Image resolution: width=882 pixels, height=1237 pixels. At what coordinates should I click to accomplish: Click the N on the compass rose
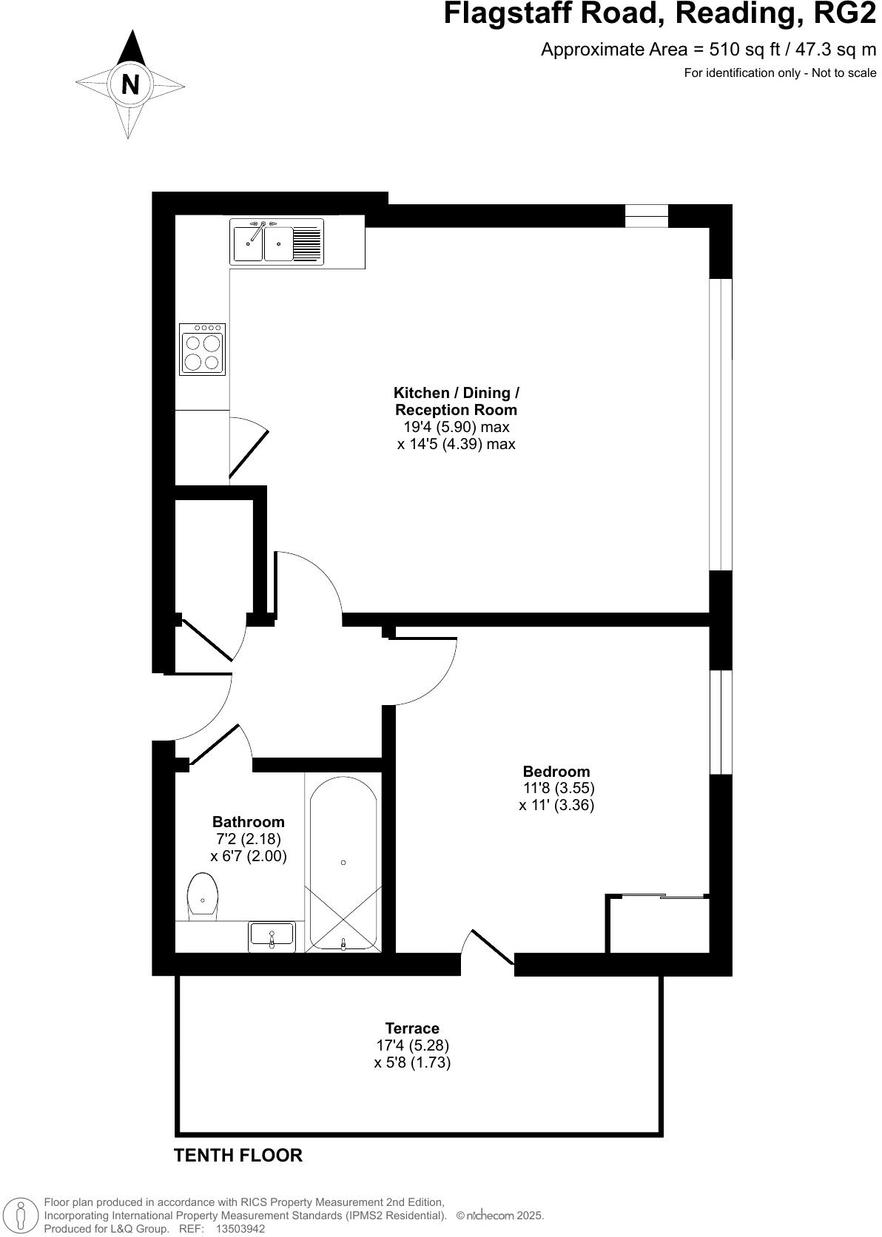pyautogui.click(x=130, y=84)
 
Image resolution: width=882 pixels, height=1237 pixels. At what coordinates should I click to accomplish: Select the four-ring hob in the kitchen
pyautogui.click(x=203, y=348)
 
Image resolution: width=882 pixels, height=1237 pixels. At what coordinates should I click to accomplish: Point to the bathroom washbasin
pyautogui.click(x=272, y=936)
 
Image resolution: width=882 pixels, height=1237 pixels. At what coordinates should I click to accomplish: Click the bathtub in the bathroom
pyautogui.click(x=343, y=863)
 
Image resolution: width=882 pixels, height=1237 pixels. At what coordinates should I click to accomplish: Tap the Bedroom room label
pyautogui.click(x=556, y=772)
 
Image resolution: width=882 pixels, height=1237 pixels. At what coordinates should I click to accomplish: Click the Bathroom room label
pyautogui.click(x=249, y=822)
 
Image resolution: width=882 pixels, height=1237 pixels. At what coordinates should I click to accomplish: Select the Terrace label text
pyautogui.click(x=412, y=1028)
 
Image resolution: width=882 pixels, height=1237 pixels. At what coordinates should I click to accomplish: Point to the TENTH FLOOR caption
pyautogui.click(x=238, y=1156)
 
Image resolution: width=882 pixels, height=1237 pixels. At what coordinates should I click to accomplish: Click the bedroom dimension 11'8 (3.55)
pyautogui.click(x=559, y=789)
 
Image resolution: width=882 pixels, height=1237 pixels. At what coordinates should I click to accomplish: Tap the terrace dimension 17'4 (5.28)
pyautogui.click(x=412, y=1045)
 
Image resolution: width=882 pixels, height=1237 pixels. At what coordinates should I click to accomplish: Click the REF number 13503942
pyautogui.click(x=240, y=1229)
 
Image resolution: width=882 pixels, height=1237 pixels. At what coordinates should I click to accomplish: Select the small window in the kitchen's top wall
pyautogui.click(x=647, y=215)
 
